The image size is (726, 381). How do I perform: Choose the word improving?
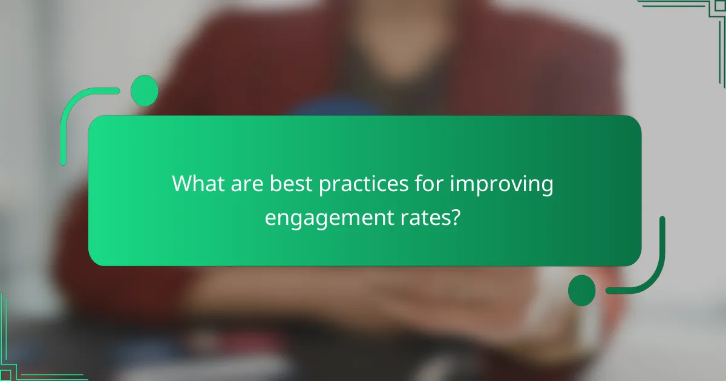[502, 184]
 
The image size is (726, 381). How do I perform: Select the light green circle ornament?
[145, 91]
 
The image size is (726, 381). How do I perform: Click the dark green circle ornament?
[582, 290]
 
